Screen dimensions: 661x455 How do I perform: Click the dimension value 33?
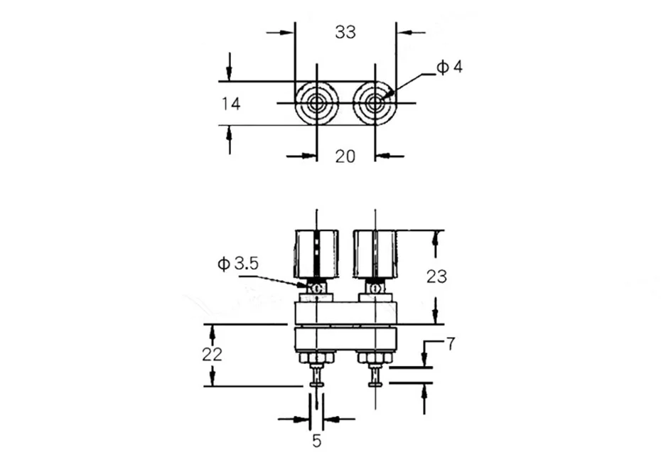tap(345, 32)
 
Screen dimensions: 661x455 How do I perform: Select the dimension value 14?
tap(231, 104)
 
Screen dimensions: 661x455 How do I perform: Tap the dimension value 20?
tap(345, 156)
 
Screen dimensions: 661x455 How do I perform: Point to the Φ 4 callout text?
tap(449, 67)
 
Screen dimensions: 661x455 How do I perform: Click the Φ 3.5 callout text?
tap(238, 264)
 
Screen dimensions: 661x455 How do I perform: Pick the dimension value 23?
tap(436, 277)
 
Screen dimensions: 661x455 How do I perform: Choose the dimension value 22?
tap(212, 355)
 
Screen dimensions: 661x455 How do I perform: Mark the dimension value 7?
tap(451, 344)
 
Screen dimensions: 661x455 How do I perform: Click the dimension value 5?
tap(316, 441)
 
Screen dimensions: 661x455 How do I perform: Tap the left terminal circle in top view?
tap(316, 103)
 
